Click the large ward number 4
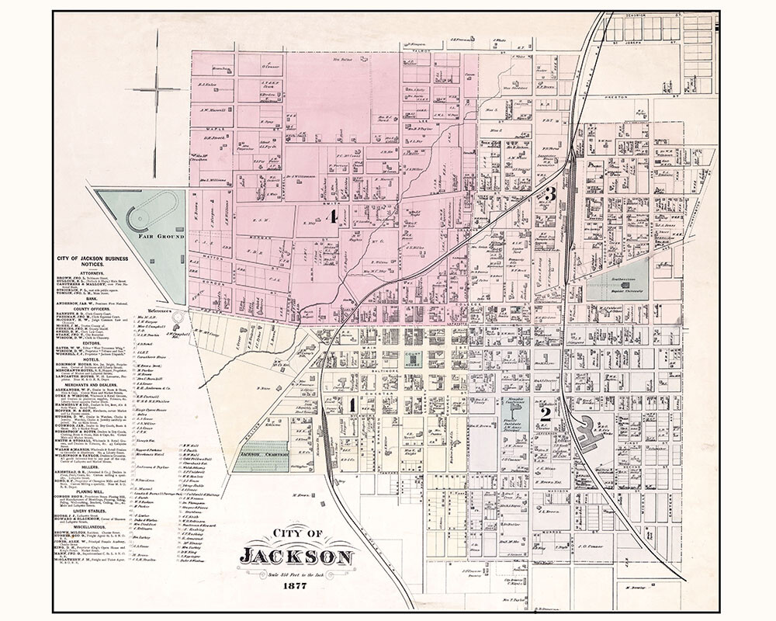[x=333, y=217]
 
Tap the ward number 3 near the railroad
[x=549, y=193]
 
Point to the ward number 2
[x=546, y=415]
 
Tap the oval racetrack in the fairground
[x=153, y=210]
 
